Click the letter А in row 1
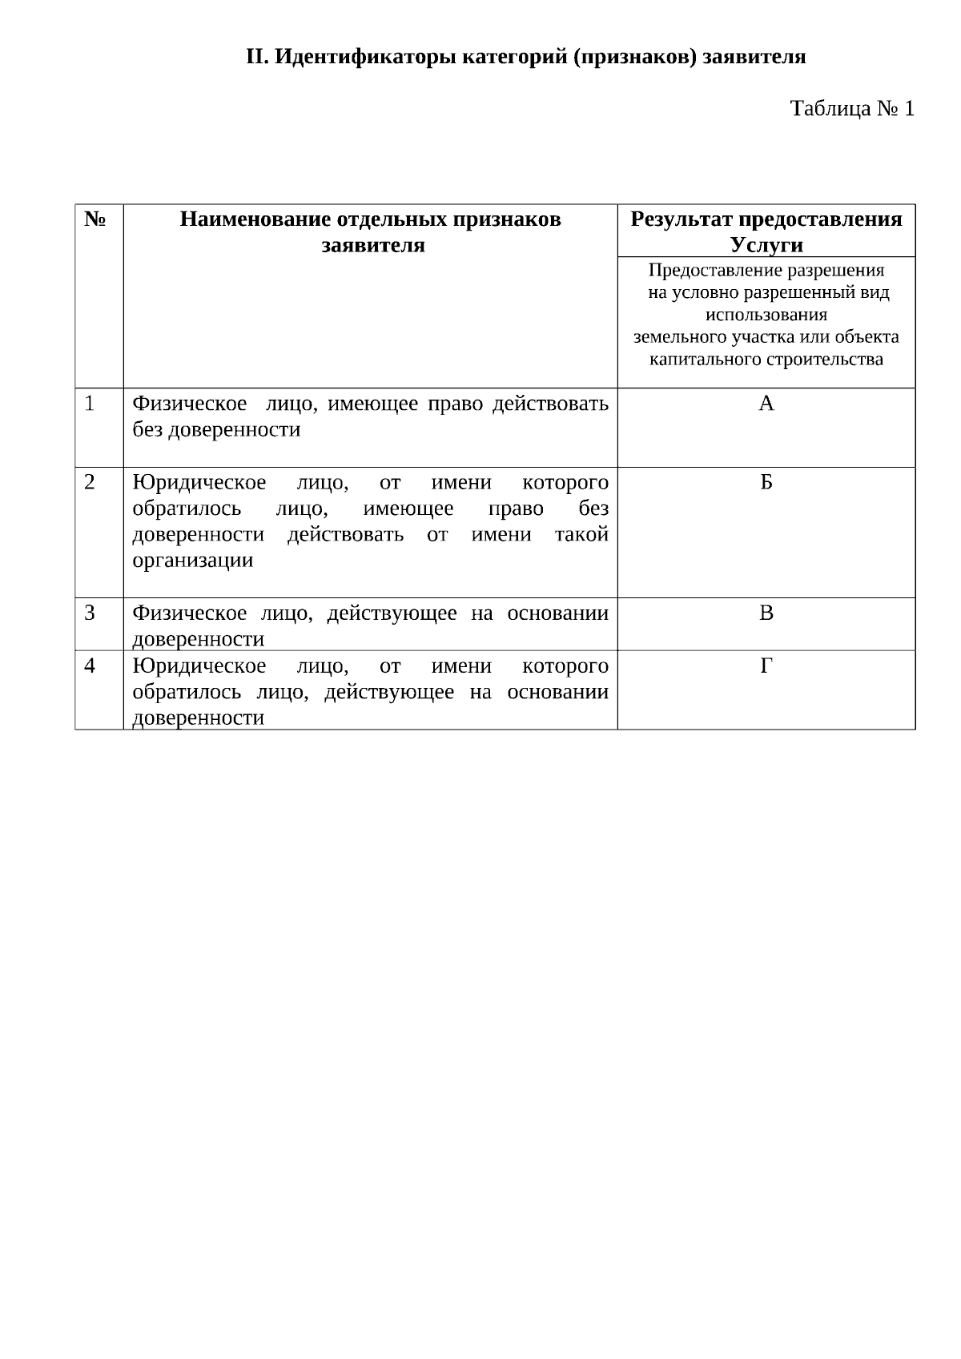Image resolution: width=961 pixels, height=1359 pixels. click(766, 404)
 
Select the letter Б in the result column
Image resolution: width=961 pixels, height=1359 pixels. click(766, 482)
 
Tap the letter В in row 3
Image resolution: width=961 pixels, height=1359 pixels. click(766, 613)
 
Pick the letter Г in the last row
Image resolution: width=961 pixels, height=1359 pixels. click(766, 665)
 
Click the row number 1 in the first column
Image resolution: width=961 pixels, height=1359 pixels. click(90, 404)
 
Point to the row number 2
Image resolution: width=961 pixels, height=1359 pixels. click(90, 482)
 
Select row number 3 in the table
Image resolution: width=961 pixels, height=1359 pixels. click(90, 613)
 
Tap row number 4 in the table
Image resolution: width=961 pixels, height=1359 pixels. click(90, 665)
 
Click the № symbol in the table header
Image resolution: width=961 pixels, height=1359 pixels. click(94, 219)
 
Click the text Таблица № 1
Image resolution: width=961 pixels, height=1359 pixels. click(852, 108)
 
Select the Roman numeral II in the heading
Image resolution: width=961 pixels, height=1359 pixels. click(255, 57)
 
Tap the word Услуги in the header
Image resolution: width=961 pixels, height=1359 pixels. click(766, 244)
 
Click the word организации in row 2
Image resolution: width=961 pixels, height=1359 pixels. click(192, 560)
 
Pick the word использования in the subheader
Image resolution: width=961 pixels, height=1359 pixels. click(766, 315)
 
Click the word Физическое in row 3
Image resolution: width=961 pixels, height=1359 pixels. click(189, 613)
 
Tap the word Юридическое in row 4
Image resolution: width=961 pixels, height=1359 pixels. click(199, 665)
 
